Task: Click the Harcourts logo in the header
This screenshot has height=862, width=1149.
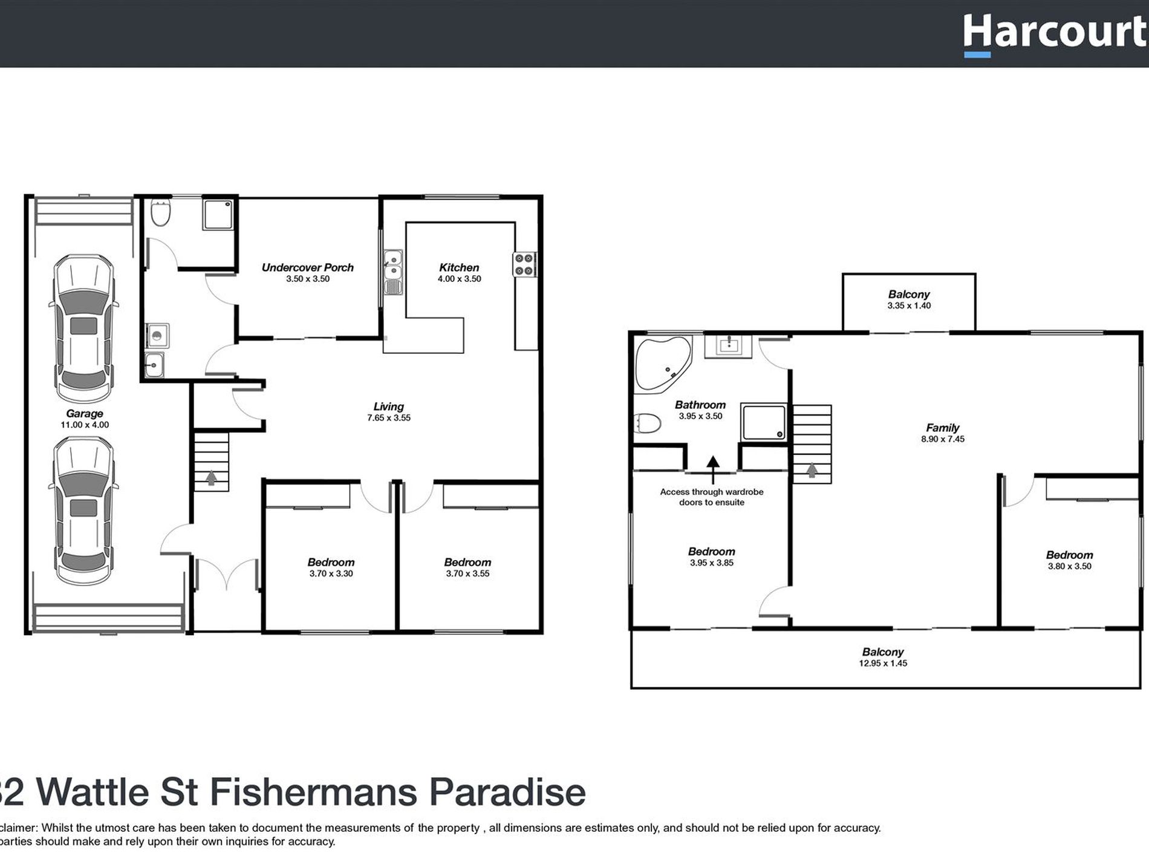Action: click(1055, 33)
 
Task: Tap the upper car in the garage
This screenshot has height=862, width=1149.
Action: click(84, 328)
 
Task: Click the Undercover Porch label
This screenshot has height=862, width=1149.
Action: click(307, 267)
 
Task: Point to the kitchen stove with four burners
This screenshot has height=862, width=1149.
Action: click(524, 264)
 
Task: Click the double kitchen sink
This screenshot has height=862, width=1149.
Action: click(392, 272)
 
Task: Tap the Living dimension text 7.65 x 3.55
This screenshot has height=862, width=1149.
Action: click(388, 418)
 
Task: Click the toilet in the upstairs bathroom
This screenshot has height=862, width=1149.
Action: click(648, 423)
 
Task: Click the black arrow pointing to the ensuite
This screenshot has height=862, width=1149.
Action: click(713, 463)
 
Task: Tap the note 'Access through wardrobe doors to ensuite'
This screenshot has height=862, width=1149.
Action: click(712, 497)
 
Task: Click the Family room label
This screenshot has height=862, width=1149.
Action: click(942, 428)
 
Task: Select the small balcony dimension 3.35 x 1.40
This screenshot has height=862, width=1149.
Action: click(908, 306)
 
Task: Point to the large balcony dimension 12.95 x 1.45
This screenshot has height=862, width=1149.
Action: click(882, 664)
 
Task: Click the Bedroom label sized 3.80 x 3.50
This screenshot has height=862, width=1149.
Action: click(1069, 555)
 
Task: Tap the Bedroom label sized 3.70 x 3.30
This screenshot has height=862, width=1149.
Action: click(331, 563)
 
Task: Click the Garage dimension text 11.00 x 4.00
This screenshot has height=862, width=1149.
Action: click(85, 425)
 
